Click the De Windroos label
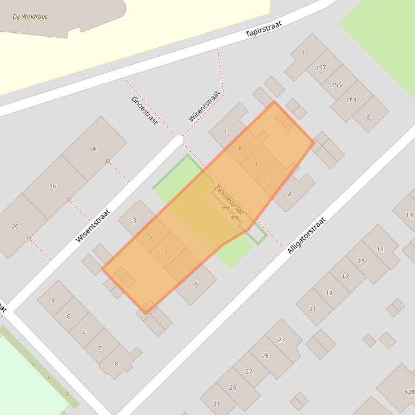[x=30, y=17]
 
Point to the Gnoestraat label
[x=144, y=110]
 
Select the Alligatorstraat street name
[x=307, y=235]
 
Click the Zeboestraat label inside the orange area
[x=229, y=200]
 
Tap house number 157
[x=321, y=68]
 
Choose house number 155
[x=336, y=85]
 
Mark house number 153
[x=351, y=100]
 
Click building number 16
[x=53, y=186]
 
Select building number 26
[x=15, y=226]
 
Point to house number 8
[x=117, y=364]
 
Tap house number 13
[x=380, y=248]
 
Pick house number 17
[x=345, y=277]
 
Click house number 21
[x=312, y=309]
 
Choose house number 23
[x=281, y=340]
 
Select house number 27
[x=249, y=371]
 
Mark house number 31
[x=216, y=404]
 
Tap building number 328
[x=409, y=392]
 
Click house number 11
[x=409, y=215]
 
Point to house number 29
[x=232, y=388]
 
